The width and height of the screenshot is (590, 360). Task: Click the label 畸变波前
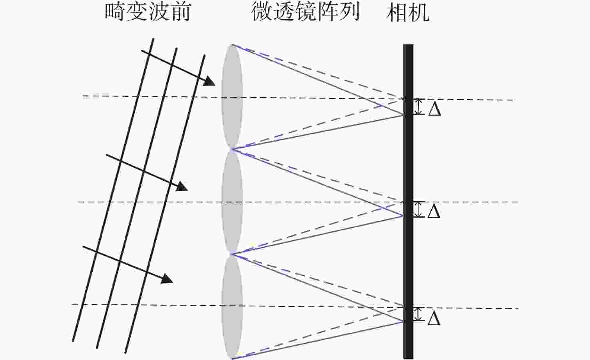[148, 12]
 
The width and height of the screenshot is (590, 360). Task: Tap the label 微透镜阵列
[305, 12]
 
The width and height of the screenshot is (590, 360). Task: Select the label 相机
[408, 12]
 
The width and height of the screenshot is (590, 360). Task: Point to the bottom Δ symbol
[434, 318]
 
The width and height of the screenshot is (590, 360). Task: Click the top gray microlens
[232, 97]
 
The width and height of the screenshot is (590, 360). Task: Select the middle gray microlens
[232, 202]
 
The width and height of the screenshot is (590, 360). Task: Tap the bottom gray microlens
[232, 307]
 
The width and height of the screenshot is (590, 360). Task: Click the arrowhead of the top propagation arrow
[210, 81]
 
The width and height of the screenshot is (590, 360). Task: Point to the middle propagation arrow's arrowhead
[182, 186]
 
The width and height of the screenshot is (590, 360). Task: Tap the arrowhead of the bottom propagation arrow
[167, 278]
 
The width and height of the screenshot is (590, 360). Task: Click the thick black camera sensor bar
[408, 202]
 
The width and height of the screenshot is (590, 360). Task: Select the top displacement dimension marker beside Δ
[418, 107]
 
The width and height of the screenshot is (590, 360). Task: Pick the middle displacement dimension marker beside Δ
[418, 210]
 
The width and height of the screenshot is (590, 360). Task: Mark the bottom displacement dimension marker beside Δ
[418, 314]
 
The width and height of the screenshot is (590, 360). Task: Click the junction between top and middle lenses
[232, 150]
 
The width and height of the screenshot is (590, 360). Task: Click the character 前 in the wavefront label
[181, 12]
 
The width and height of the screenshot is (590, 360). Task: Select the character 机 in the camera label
[419, 13]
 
